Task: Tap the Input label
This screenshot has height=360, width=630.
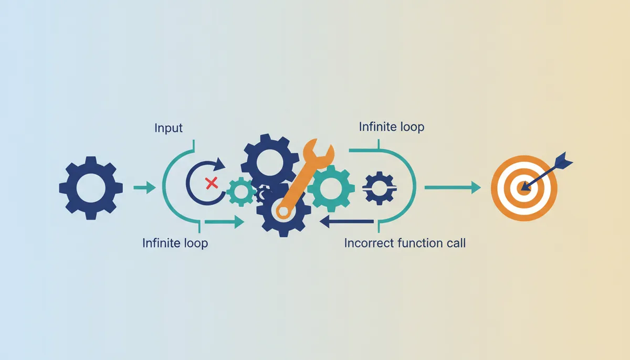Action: point(169,128)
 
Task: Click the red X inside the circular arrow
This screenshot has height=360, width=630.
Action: point(212,183)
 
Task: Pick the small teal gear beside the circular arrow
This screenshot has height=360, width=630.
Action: point(241,192)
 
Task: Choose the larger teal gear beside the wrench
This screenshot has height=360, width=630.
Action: point(331,188)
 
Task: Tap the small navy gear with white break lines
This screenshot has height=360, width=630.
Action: point(380,188)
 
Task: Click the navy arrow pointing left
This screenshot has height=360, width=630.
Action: point(346,221)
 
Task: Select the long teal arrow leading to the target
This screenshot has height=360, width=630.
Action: point(452,187)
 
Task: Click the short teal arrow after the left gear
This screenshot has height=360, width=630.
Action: point(144,187)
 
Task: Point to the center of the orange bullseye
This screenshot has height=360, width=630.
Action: point(524,188)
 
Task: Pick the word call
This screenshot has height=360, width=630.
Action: point(456,243)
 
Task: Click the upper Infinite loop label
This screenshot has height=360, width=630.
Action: point(392,127)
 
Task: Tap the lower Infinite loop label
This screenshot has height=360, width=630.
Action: point(175,243)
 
